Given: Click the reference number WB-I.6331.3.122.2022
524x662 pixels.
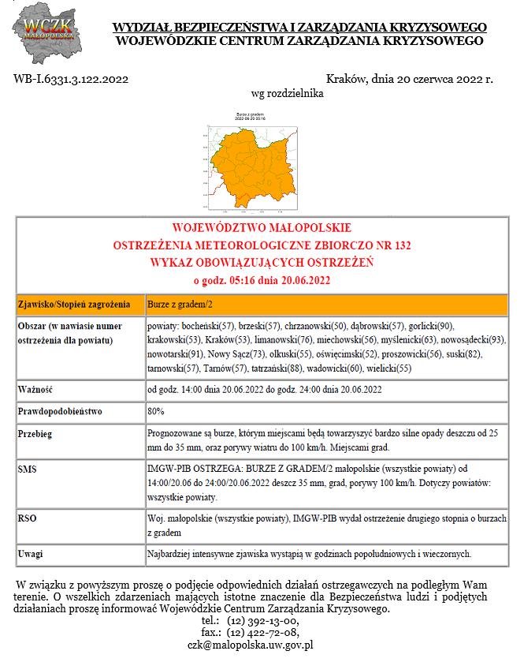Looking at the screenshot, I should [x=72, y=79].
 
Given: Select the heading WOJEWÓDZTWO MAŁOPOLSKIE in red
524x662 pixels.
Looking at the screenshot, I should [x=262, y=228].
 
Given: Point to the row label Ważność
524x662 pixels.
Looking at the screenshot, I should [x=35, y=389].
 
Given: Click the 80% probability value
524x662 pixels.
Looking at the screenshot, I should [x=156, y=411].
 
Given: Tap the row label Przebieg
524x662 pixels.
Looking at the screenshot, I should [x=36, y=433].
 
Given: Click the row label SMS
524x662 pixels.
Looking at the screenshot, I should [x=28, y=469].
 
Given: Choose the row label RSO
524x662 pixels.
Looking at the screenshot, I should [x=27, y=518].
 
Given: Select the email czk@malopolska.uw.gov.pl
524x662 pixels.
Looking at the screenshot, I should [x=251, y=644].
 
